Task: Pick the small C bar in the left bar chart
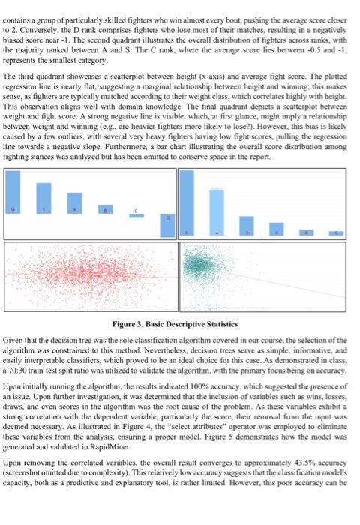(136, 214)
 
